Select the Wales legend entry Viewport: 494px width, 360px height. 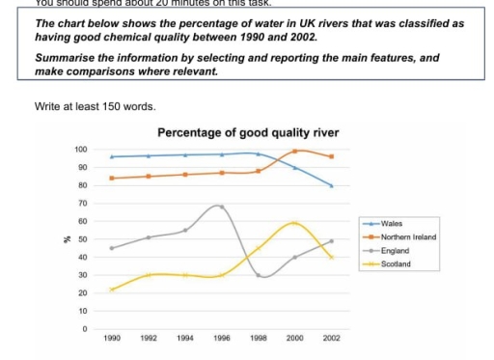click(x=391, y=223)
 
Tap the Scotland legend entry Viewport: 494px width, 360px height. click(x=395, y=262)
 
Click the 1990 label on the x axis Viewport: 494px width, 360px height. click(x=112, y=340)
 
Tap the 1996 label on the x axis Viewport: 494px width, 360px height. click(x=222, y=340)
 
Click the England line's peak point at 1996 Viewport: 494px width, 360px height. click(x=222, y=207)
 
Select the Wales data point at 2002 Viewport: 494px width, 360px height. click(x=332, y=185)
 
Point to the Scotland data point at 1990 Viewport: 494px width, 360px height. click(x=112, y=290)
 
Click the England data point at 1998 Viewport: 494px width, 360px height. click(x=259, y=275)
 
